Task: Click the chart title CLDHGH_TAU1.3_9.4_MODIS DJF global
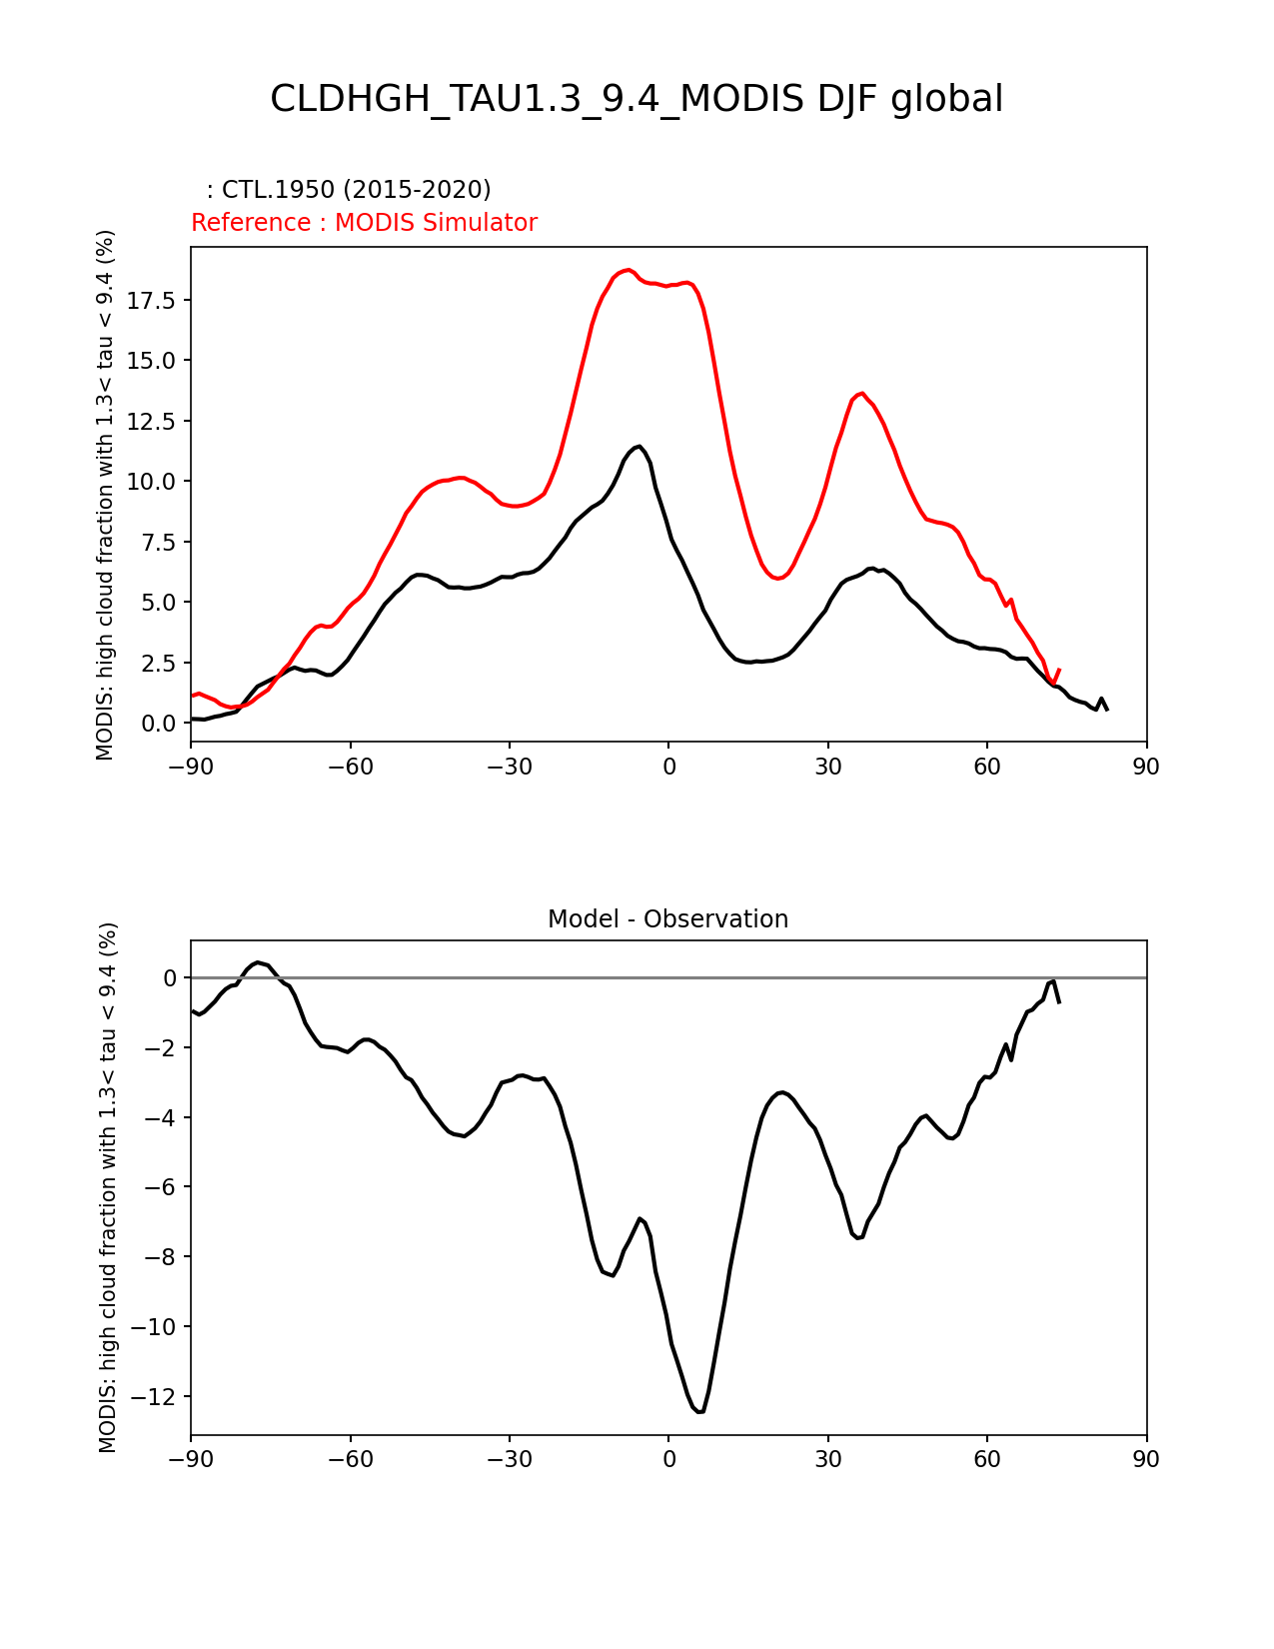point(637,99)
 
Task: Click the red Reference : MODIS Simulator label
point(364,223)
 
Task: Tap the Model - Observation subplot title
point(667,919)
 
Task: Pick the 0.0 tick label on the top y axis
point(158,724)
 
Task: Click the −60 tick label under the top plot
point(350,767)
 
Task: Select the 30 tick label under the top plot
point(827,767)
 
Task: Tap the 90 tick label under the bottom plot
point(1146,1460)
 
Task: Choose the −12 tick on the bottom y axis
point(161,1396)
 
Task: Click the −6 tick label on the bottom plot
point(165,1187)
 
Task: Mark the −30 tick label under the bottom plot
point(509,1460)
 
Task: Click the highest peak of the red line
point(628,270)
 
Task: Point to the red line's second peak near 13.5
point(861,394)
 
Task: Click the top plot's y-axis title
point(106,495)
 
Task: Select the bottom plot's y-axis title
point(108,1187)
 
